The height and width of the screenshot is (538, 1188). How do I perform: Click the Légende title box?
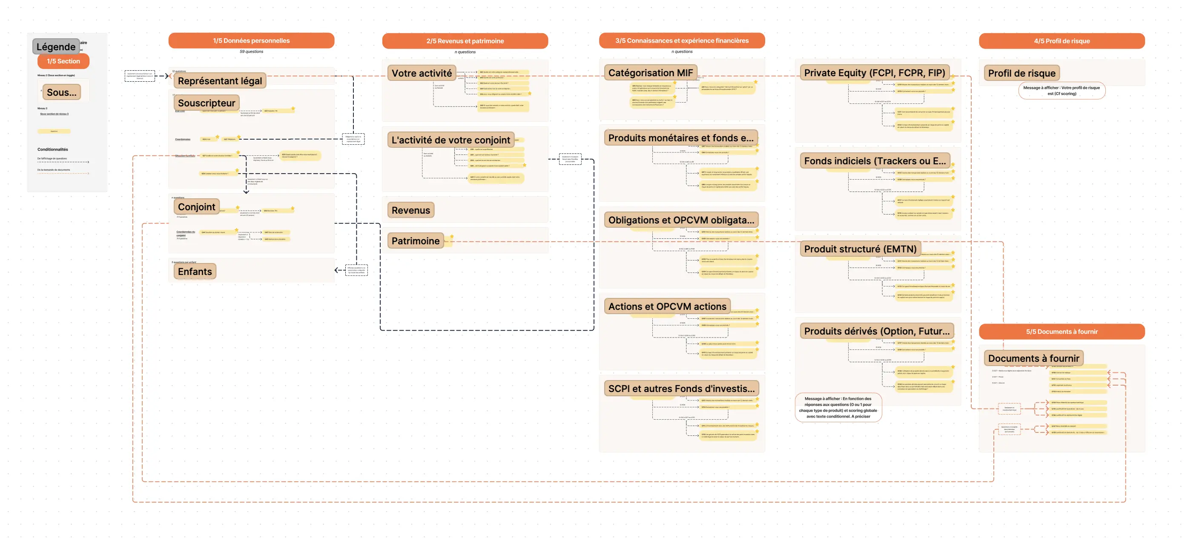[56, 46]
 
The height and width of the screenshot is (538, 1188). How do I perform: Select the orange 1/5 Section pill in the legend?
[63, 61]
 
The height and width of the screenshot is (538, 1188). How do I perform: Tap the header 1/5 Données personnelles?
[251, 40]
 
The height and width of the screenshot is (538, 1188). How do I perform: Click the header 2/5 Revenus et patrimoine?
[465, 41]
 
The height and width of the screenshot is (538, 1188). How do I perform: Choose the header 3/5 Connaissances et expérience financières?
[681, 40]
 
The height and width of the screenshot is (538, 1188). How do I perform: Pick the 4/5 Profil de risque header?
[1061, 41]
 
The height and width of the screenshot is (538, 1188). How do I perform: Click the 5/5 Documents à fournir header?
[1061, 332]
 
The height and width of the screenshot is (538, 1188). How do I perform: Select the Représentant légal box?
[220, 81]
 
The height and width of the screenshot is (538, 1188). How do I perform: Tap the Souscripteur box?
[206, 103]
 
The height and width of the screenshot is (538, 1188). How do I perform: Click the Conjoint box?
[196, 207]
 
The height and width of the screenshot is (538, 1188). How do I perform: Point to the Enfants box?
[195, 272]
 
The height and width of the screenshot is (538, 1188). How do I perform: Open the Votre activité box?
[422, 73]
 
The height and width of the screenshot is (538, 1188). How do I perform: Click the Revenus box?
[410, 210]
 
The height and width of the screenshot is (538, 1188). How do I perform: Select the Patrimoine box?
[415, 240]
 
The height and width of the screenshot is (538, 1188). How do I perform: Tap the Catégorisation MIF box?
[650, 73]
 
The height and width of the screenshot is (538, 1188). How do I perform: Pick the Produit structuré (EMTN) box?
[860, 249]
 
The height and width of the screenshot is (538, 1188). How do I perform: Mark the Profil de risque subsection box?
[1021, 73]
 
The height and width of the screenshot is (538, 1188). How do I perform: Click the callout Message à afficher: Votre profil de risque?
[1061, 90]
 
